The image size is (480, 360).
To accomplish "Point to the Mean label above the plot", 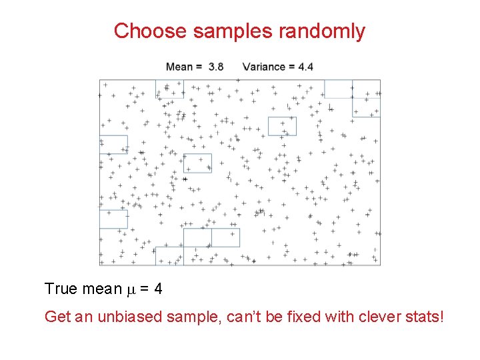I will pyautogui.click(x=179, y=67).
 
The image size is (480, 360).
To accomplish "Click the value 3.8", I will pyautogui.click(x=216, y=67).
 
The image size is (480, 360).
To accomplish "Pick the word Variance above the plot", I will pyautogui.click(x=264, y=67).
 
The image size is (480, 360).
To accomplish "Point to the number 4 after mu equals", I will pyautogui.click(x=157, y=289).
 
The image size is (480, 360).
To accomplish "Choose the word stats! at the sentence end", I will pyautogui.click(x=423, y=316).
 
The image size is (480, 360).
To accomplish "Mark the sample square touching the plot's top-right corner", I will pyautogui.click(x=366, y=99).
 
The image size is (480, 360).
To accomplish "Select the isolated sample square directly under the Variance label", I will pyautogui.click(x=282, y=126).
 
